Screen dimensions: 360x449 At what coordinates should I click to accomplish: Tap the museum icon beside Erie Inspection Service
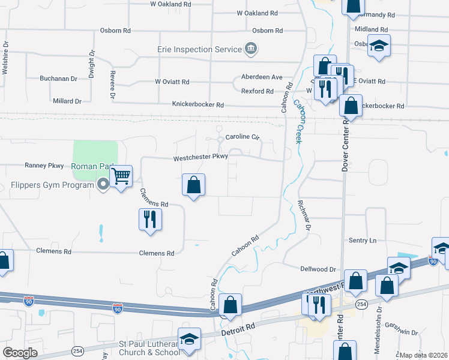click(x=251, y=49)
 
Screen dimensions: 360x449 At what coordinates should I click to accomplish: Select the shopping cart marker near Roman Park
click(x=121, y=176)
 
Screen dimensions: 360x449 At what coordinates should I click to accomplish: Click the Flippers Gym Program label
click(x=53, y=185)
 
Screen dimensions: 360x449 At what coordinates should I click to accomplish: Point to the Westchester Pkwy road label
click(x=200, y=158)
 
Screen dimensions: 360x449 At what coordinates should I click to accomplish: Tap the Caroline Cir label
click(x=242, y=137)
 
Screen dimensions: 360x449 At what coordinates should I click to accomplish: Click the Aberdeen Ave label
click(x=262, y=77)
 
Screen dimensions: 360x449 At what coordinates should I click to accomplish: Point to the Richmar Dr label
click(x=303, y=215)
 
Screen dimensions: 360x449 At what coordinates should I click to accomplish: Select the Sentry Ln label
click(x=363, y=241)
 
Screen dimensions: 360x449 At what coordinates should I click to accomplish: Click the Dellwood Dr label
click(x=316, y=270)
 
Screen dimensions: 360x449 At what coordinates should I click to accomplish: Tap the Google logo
click(x=20, y=352)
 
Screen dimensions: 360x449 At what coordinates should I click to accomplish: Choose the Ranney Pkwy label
click(x=44, y=165)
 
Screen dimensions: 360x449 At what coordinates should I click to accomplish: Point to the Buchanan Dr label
click(x=59, y=79)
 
